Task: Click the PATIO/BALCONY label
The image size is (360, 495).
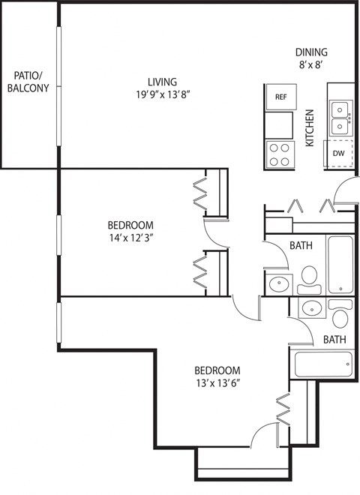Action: (28, 82)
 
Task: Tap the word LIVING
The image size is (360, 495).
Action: (161, 82)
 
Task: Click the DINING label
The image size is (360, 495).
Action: (310, 52)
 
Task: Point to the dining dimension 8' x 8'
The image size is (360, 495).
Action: (310, 65)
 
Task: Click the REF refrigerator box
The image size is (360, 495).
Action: (280, 97)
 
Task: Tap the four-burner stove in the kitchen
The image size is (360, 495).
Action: (280, 154)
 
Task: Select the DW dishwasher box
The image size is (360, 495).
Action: (339, 153)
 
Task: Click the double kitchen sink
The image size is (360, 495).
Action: (340, 117)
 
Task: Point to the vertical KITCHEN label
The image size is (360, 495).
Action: (309, 131)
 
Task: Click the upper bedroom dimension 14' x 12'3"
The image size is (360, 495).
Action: (130, 238)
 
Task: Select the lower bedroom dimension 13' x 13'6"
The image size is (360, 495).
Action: (217, 384)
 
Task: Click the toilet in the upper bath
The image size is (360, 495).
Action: (308, 277)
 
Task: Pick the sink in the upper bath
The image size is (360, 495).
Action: (278, 283)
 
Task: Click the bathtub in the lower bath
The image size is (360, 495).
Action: (323, 365)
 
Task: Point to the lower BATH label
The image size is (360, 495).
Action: (334, 340)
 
